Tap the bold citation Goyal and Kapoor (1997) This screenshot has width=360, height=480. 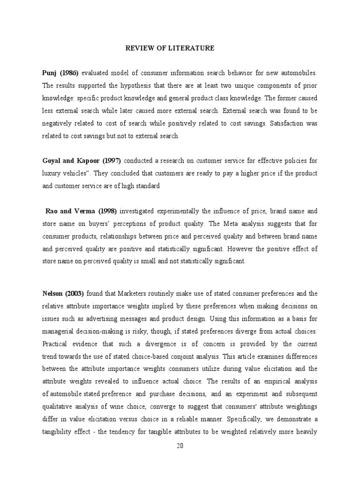pos(84,161)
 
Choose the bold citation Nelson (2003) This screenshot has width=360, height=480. pos(63,294)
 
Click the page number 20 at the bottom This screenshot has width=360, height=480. pos(180,445)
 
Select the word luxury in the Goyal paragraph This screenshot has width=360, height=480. pos(52,173)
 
